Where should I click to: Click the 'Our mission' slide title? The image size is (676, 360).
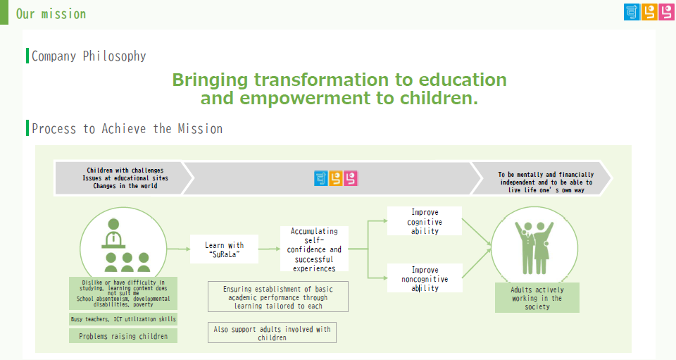point(51,14)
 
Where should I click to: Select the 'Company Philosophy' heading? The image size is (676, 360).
point(89,56)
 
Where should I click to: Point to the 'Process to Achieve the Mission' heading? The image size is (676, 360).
point(127,128)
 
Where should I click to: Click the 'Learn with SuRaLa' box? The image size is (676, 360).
point(224,249)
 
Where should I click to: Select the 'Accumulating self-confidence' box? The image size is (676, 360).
point(314,249)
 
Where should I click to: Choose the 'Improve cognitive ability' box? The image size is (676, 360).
point(425,221)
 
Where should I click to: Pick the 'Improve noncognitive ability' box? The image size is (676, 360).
point(425,278)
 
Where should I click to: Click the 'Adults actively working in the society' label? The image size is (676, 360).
point(537,298)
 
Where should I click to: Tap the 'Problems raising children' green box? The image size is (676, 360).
point(123,336)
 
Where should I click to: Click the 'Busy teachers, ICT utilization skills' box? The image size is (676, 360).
point(123,319)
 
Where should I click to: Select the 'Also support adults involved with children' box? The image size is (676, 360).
point(272,333)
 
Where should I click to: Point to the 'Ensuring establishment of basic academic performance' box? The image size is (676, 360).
point(278,297)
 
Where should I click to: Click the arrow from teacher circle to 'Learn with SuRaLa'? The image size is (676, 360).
point(178,249)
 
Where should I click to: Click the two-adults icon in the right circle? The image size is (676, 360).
point(534,248)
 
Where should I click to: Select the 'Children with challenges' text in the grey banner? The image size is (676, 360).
point(125,170)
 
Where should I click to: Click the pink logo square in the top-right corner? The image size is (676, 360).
point(667,12)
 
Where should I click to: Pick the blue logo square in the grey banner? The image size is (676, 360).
point(321,178)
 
